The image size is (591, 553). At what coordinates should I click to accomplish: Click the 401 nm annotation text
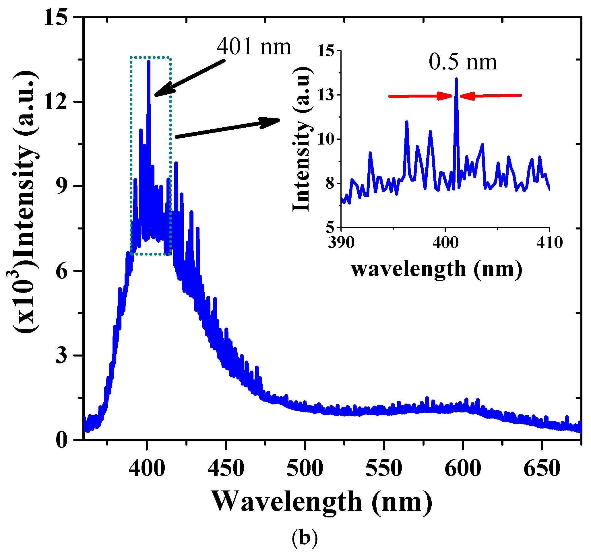point(253,47)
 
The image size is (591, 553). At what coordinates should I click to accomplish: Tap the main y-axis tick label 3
point(61,355)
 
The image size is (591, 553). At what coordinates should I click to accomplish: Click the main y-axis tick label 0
point(61,440)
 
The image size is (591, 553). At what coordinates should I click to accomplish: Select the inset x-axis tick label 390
point(341,243)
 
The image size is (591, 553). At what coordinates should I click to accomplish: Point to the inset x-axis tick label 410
point(549,243)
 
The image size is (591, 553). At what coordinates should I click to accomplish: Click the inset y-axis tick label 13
point(325,95)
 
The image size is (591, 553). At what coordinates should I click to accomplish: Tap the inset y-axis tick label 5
point(330,227)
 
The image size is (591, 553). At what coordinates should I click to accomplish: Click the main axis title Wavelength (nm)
point(322,502)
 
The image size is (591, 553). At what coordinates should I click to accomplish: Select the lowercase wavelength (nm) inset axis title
point(436,269)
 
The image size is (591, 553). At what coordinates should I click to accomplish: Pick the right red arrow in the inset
point(491,96)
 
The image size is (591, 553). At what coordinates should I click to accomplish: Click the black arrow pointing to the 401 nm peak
point(190,78)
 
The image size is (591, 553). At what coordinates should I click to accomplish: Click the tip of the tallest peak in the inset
point(456,79)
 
